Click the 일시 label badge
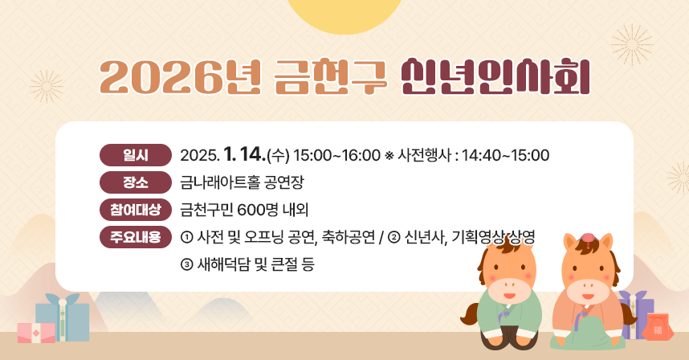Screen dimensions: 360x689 coord(135,154)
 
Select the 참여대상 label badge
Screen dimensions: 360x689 coord(135,210)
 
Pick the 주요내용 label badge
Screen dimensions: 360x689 coord(135,237)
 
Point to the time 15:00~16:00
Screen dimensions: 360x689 coord(336,154)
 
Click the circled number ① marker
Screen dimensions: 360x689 coord(187,238)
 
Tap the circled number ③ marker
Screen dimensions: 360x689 coord(187,264)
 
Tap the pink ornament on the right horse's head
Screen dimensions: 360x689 coord(587,237)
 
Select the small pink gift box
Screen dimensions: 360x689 coord(35,333)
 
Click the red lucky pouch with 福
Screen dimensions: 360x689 coord(658,329)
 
